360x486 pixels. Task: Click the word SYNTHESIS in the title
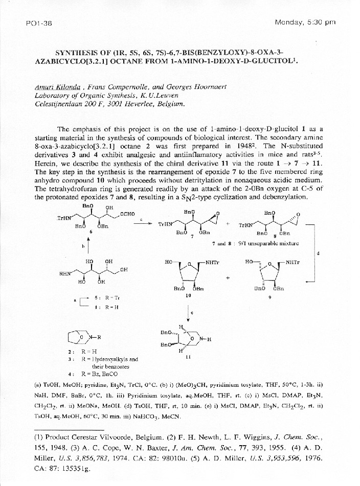[78, 53]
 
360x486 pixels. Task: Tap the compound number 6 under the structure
[91, 232]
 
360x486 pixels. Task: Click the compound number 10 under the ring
[188, 295]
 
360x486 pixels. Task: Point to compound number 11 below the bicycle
[188, 358]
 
